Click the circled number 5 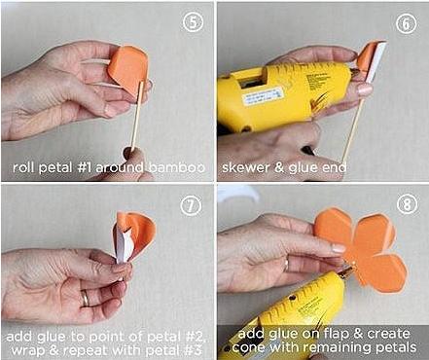point(193,21)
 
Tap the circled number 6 point(406,23)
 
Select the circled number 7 point(191,205)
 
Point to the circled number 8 point(407,204)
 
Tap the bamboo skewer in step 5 point(136,116)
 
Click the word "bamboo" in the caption point(177,167)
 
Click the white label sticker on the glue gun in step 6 point(264,94)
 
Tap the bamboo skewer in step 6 point(352,129)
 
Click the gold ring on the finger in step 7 point(85,298)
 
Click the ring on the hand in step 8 point(287,264)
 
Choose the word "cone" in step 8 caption point(250,348)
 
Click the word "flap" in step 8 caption point(328,335)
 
